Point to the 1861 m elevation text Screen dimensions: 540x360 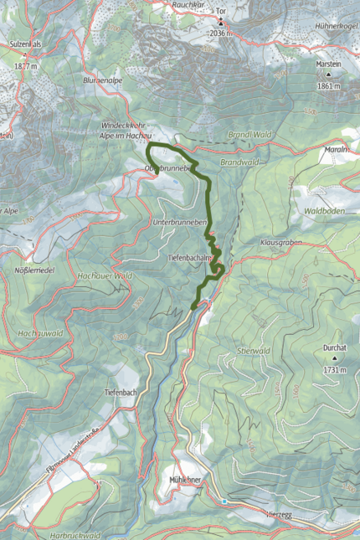329,85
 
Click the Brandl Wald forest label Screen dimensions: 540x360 249,134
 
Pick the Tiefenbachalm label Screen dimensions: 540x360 188,258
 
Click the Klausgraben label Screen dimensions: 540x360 280,240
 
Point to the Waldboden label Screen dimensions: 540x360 325,211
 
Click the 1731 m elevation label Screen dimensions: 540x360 334,368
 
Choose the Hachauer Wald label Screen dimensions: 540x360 105,275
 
